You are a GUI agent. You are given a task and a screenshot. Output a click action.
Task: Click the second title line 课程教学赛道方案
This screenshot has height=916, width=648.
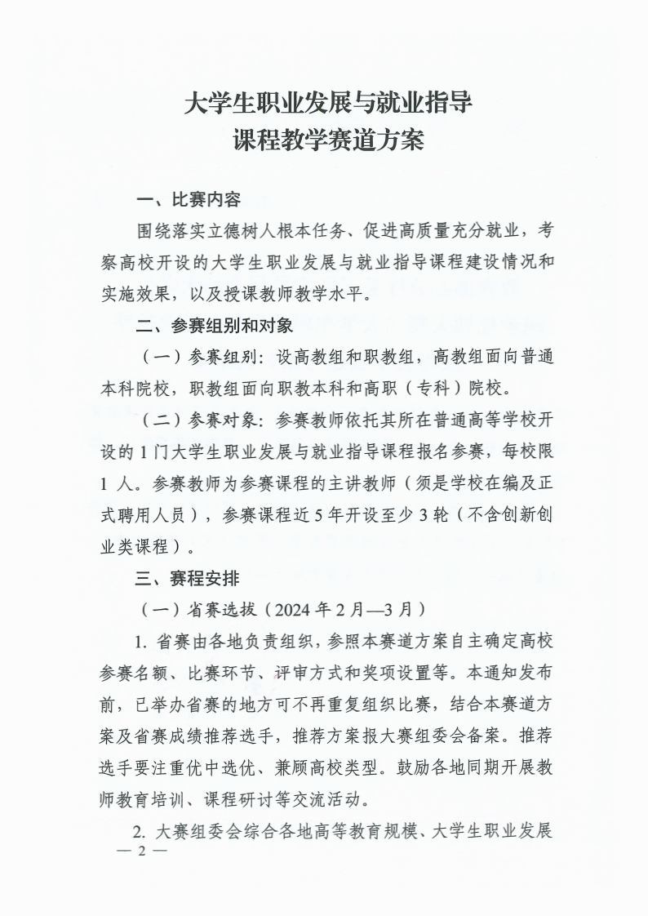328,140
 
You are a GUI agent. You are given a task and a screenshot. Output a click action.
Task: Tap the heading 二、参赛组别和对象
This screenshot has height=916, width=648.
214,327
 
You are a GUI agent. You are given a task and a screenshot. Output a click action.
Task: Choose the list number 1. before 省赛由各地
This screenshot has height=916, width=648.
141,641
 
